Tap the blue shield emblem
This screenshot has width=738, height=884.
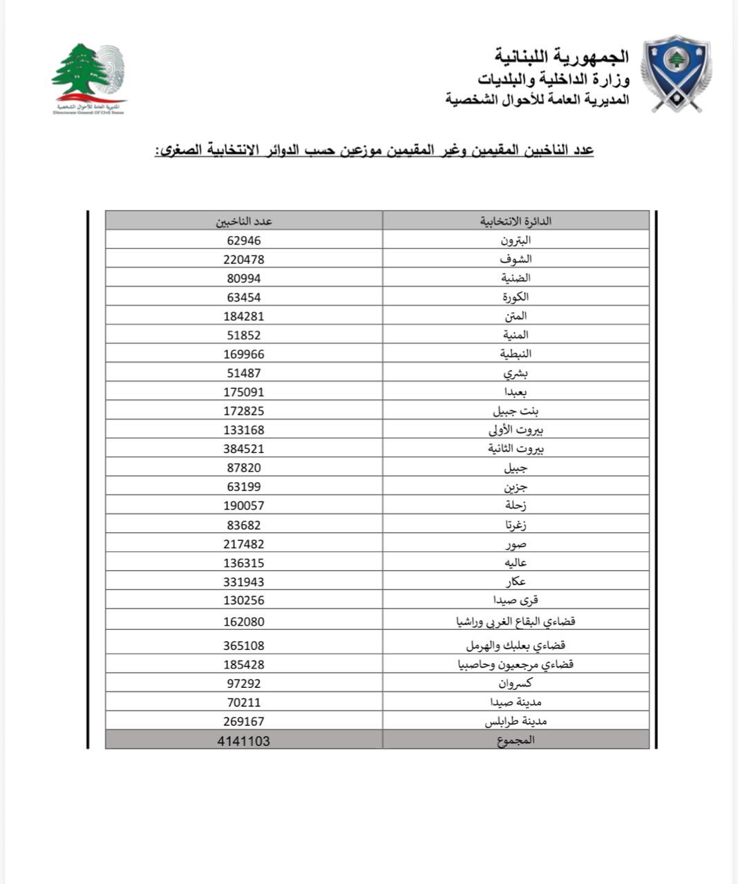676,73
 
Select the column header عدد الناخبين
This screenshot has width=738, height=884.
244,221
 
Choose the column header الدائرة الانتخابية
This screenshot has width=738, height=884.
515,221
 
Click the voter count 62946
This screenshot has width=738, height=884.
244,240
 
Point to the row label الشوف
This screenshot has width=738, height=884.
515,259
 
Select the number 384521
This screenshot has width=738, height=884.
244,448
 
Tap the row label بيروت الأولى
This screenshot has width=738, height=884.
515,430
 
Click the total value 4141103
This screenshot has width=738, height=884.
244,740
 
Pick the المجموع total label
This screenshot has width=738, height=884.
515,740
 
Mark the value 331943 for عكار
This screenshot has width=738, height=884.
244,582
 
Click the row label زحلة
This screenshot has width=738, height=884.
515,506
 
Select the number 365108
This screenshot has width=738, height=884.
244,646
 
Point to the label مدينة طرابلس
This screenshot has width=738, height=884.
515,721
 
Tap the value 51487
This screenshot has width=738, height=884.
244,373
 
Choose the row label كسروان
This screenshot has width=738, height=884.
515,683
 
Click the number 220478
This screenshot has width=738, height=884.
244,259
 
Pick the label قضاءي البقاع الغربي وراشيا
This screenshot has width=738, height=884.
515,621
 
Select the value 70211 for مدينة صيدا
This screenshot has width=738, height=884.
244,702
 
